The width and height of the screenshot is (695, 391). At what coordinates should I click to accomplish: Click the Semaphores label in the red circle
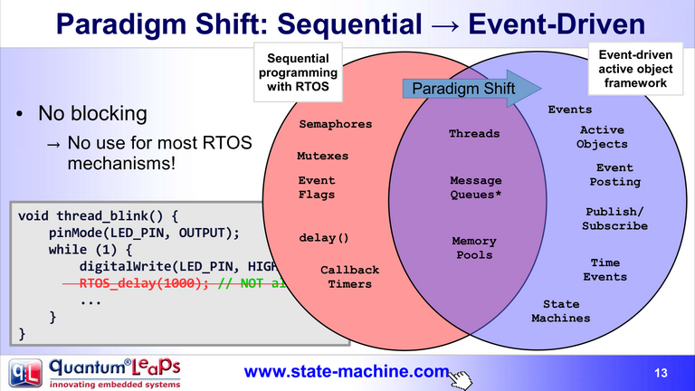pyautogui.click(x=336, y=124)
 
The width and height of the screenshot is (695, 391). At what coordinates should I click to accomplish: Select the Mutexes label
pyautogui.click(x=322, y=156)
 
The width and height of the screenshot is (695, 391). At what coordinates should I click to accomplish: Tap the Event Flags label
pyautogui.click(x=317, y=187)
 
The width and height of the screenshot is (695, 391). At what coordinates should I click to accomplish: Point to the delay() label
pyautogui.click(x=324, y=239)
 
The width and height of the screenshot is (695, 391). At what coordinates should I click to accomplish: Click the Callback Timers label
pyautogui.click(x=349, y=277)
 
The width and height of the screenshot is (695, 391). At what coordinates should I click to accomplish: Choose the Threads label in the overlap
pyautogui.click(x=474, y=134)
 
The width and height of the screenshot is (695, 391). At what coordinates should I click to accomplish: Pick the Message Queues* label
pyautogui.click(x=475, y=187)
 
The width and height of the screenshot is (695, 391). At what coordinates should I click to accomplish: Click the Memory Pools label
pyautogui.click(x=474, y=248)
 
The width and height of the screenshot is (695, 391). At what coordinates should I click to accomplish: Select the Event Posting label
pyautogui.click(x=614, y=175)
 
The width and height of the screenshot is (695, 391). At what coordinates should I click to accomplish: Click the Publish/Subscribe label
pyautogui.click(x=614, y=219)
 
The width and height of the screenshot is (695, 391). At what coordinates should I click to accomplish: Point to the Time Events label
pyautogui.click(x=605, y=270)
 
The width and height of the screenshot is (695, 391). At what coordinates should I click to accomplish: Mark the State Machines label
pyautogui.click(x=560, y=311)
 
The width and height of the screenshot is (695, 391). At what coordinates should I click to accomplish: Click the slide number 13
pyautogui.click(x=660, y=373)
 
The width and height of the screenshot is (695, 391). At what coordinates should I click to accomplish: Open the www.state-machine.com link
pyautogui.click(x=347, y=371)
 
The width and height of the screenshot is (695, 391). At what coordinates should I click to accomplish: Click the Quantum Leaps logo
pyautogui.click(x=95, y=373)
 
